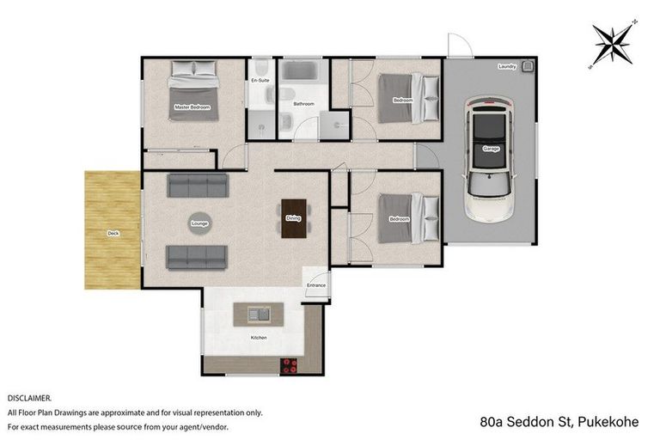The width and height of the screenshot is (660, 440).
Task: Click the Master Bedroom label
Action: pos(192,107)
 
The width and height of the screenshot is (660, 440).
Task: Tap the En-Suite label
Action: pos(260,80)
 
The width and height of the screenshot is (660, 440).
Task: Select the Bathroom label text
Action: pos(304,104)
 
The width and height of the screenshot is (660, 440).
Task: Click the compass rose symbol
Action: pos(613,43)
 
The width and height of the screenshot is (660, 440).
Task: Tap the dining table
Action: pos(293,218)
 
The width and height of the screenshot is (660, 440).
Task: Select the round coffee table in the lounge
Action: pos(200,223)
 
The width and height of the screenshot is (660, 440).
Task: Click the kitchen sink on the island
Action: pos(258,315)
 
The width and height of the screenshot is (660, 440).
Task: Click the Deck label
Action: pos(113,233)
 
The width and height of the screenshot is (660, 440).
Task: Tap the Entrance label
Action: pos(315,285)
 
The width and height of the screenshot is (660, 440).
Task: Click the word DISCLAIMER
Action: pos(30,399)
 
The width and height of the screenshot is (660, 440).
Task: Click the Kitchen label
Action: pos(259,338)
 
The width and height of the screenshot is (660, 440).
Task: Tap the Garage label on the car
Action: pos(491,149)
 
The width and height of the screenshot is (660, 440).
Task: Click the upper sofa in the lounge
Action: pos(197,185)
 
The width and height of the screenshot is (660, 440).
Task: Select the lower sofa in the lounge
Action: pos(197,255)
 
